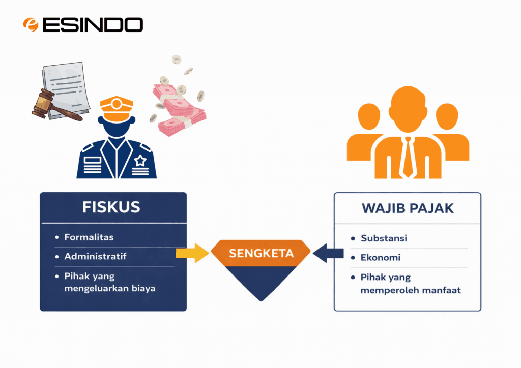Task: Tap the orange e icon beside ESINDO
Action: (x=31, y=24)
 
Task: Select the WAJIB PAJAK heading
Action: (x=408, y=208)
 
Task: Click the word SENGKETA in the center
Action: (x=261, y=253)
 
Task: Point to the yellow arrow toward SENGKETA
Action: (x=192, y=253)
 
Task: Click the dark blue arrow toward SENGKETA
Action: (x=328, y=253)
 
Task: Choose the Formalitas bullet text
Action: (x=89, y=237)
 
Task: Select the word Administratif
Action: (x=95, y=256)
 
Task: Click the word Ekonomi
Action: (x=381, y=258)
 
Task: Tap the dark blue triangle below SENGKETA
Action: (x=261, y=282)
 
